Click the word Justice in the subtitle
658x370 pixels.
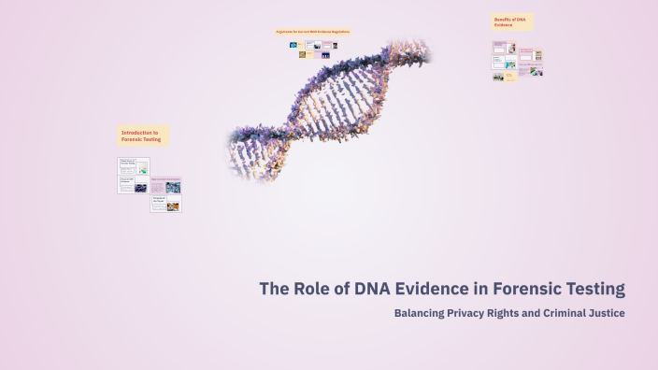pos(604,313)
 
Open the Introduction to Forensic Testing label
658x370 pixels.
pos(142,136)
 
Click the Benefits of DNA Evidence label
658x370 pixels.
pos(512,22)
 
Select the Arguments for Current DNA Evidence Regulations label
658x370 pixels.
pos(312,32)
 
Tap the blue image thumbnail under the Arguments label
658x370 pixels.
pos(293,45)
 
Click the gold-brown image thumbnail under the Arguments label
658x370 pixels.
pos(302,54)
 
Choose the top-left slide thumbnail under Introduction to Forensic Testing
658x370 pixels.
pos(133,166)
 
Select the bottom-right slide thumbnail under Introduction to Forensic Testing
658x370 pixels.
pos(165,203)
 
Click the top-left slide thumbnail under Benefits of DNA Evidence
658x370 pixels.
pos(503,48)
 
